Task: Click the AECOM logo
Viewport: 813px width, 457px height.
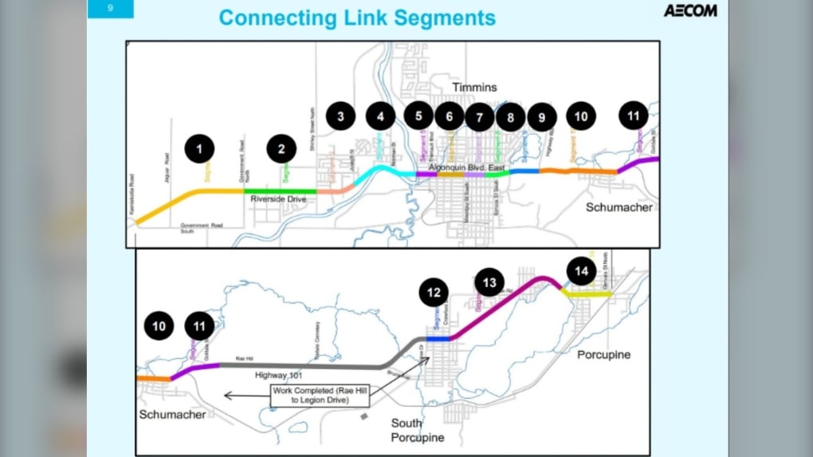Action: tap(689, 10)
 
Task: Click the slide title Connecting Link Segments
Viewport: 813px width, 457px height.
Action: tap(357, 18)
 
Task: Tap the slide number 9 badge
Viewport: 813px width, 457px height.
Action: tap(110, 9)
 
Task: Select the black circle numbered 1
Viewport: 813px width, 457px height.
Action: tap(200, 148)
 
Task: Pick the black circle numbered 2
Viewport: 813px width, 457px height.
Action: tap(281, 148)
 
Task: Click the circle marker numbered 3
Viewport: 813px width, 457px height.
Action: tap(340, 116)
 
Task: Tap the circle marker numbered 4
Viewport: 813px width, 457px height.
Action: tap(380, 116)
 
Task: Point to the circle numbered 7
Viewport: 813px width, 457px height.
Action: tap(479, 117)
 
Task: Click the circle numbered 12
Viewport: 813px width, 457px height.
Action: tap(434, 294)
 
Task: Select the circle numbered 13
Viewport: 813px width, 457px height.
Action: tap(489, 282)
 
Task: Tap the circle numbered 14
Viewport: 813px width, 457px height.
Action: tap(582, 271)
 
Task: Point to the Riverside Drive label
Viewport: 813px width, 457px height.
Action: tap(279, 199)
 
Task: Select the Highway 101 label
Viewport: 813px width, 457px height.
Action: tap(281, 374)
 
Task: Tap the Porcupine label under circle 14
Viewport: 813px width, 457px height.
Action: tap(603, 354)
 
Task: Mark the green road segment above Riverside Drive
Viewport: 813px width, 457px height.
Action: tap(279, 190)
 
